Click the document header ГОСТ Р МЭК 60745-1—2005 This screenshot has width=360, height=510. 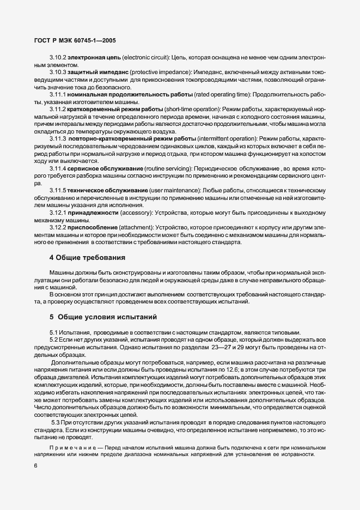(x=70, y=40)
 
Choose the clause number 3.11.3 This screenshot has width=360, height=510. (x=58, y=139)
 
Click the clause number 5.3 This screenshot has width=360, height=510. (x=55, y=423)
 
